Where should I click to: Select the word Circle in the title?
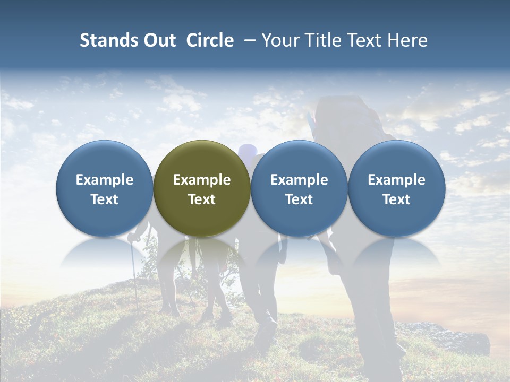(x=210, y=40)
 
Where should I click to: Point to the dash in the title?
(x=248, y=41)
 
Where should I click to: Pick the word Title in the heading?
(x=325, y=40)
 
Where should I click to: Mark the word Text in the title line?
(x=367, y=40)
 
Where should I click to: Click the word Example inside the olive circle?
(x=202, y=180)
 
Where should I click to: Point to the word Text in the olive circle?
(x=202, y=199)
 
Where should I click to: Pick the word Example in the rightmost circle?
(x=396, y=180)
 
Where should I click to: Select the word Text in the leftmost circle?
(x=105, y=199)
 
